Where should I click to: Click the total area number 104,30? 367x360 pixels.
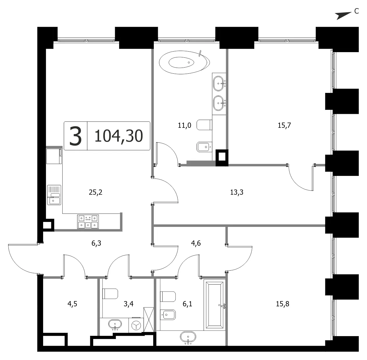(119, 136)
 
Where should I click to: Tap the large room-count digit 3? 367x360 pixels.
(76, 136)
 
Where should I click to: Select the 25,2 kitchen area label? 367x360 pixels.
(96, 192)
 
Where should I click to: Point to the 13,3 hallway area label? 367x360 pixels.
(237, 192)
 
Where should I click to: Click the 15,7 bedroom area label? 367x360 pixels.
(284, 125)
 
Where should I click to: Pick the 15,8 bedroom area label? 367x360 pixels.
(283, 304)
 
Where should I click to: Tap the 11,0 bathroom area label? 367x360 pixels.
(184, 125)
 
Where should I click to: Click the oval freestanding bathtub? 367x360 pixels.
(184, 62)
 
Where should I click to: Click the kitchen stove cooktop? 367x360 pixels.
(88, 222)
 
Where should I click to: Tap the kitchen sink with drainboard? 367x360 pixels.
(54, 195)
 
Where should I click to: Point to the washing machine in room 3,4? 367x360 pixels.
(136, 326)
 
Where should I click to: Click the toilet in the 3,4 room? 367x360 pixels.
(110, 294)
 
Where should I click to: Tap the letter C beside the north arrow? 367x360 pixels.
(357, 11)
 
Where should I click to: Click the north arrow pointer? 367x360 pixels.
(344, 16)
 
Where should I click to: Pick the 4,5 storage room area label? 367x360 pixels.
(72, 304)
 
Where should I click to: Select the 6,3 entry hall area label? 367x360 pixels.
(96, 243)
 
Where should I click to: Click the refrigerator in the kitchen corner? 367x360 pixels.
(54, 156)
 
